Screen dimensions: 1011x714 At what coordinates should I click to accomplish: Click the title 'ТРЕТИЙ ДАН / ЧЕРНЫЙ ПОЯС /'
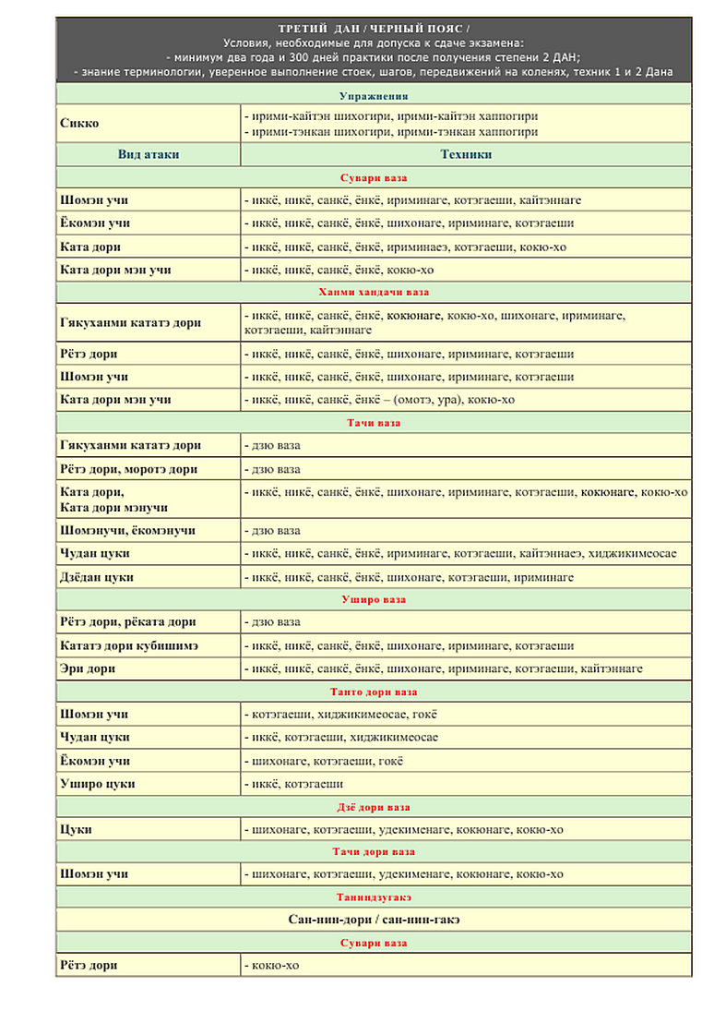click(x=373, y=30)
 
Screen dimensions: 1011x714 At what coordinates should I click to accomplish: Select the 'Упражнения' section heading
click(x=373, y=96)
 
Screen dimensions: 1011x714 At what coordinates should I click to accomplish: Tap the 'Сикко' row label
click(x=80, y=124)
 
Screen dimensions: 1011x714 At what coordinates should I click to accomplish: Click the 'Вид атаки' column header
click(x=149, y=154)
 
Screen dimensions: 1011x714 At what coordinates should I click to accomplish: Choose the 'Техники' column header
click(x=466, y=154)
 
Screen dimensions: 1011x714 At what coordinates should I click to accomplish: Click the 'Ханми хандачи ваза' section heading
click(x=373, y=293)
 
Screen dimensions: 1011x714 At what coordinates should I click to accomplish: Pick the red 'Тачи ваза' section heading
click(x=373, y=423)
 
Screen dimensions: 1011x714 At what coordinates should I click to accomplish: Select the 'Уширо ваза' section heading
click(x=373, y=599)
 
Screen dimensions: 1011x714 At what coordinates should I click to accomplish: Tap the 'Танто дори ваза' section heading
click(x=373, y=692)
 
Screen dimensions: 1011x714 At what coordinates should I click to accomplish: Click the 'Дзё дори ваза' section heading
click(x=373, y=807)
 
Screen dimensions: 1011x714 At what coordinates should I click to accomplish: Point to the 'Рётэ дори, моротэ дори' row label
click(x=128, y=469)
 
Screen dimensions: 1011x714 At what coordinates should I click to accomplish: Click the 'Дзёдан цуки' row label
click(x=97, y=577)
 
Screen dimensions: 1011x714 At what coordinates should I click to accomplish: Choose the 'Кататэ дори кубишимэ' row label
click(x=128, y=645)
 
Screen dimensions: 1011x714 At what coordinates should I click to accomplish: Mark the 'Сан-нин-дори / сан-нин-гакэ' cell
click(x=373, y=920)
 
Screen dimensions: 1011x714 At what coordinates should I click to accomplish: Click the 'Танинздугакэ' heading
click(x=373, y=897)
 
